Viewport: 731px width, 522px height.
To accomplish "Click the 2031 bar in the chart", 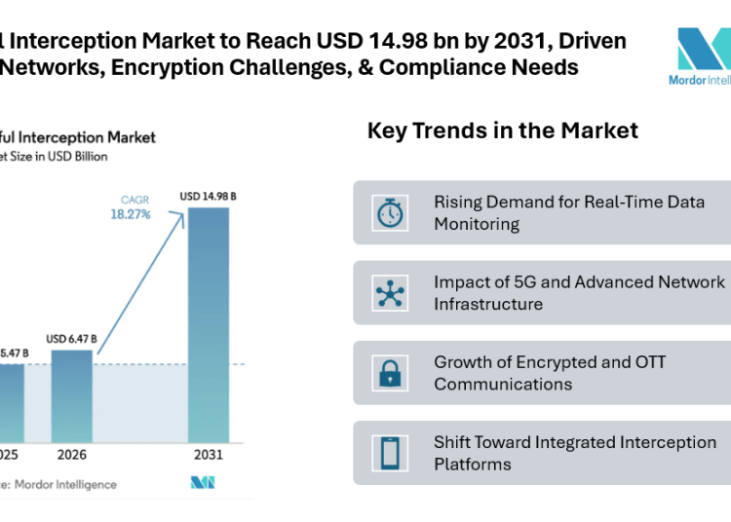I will pyautogui.click(x=209, y=325).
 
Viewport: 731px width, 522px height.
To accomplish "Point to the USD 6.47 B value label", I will pyautogui.click(x=71, y=339).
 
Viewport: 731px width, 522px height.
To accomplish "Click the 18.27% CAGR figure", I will pyautogui.click(x=130, y=214).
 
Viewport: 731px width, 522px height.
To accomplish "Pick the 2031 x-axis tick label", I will pyautogui.click(x=209, y=455).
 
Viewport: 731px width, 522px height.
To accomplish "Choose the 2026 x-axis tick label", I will pyautogui.click(x=71, y=455).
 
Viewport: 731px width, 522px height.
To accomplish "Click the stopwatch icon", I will pyautogui.click(x=390, y=212).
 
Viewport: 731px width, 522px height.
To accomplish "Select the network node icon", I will pyautogui.click(x=390, y=292).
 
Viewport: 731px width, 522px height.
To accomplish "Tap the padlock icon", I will pyautogui.click(x=390, y=373).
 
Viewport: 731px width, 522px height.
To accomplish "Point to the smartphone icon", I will pyautogui.click(x=390, y=453).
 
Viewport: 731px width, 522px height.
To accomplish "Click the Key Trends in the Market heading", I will pyautogui.click(x=502, y=130).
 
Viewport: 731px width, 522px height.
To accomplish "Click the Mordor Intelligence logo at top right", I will pyautogui.click(x=702, y=56).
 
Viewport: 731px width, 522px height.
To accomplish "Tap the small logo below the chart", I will pyautogui.click(x=203, y=483).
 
